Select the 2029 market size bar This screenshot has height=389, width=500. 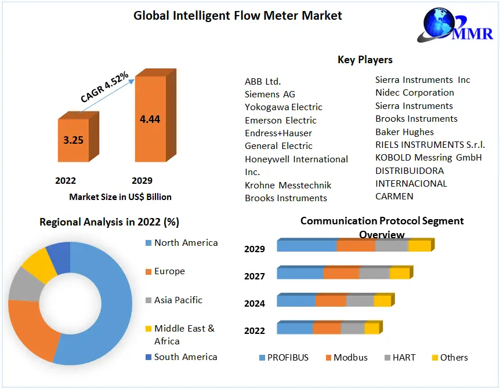pos(150,119)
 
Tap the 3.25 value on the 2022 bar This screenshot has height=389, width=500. pos(73,140)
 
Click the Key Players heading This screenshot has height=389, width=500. pos(365,60)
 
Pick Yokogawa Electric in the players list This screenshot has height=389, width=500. pos(283,107)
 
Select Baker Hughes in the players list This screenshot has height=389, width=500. pos(404,132)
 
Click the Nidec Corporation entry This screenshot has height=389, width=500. pos(414,93)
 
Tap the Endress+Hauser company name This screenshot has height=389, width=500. pos(278,133)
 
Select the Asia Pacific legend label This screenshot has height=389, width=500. pos(178,300)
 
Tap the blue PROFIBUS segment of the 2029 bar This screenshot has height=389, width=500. pos(306,246)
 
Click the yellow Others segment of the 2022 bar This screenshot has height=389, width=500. pos(371,329)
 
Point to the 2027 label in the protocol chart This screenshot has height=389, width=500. pos(254,277)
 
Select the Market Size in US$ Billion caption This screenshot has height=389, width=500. pos(120,197)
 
